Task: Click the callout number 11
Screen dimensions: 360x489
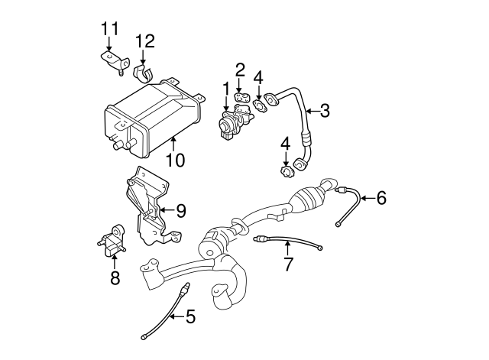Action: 111,29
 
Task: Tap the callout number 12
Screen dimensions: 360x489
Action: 144,41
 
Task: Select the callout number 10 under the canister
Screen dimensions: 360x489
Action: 176,161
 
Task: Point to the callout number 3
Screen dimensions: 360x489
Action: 325,111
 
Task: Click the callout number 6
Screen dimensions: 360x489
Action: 381,199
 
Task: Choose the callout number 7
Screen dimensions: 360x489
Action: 288,265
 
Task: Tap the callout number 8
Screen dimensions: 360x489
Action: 115,278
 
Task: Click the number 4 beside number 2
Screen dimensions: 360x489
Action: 260,76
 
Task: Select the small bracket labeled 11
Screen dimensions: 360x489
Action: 113,62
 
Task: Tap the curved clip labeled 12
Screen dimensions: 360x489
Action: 144,73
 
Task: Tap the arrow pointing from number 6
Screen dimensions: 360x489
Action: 365,199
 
